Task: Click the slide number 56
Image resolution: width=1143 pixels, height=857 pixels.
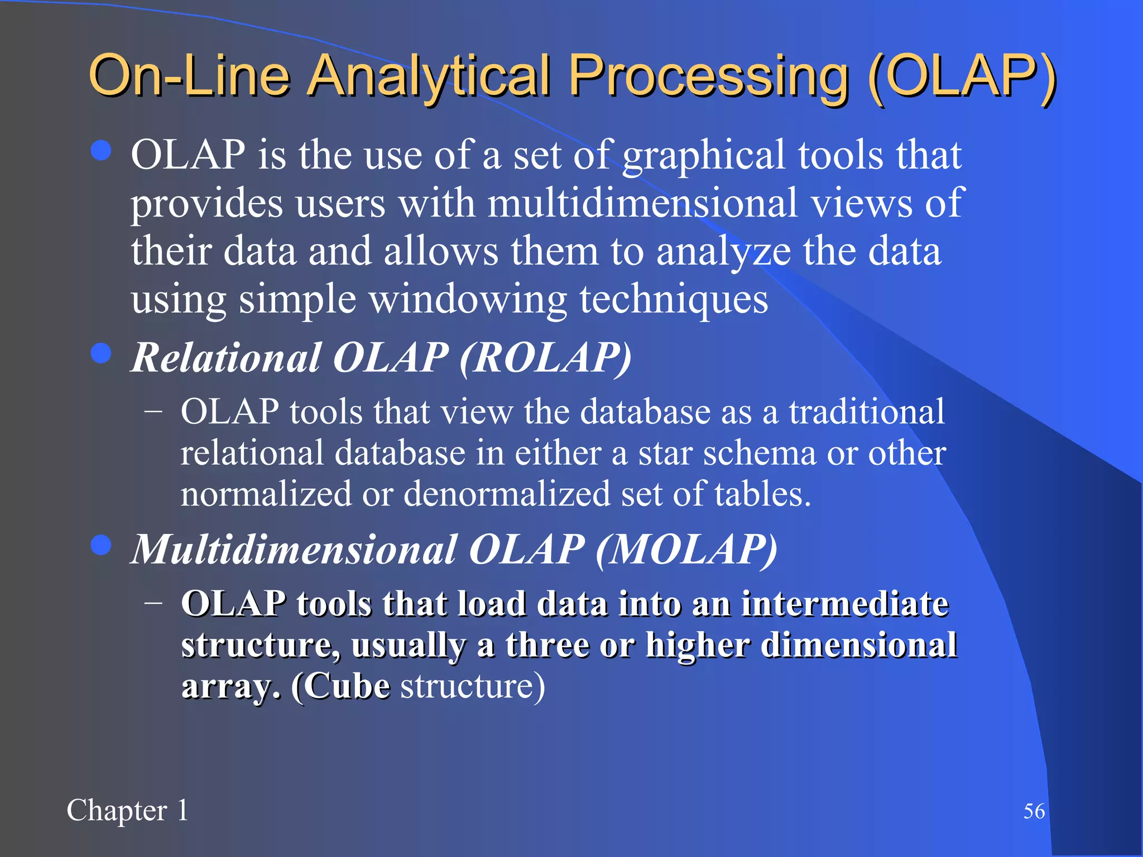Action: pyautogui.click(x=1034, y=811)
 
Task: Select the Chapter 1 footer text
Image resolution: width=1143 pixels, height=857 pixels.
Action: pyautogui.click(x=127, y=810)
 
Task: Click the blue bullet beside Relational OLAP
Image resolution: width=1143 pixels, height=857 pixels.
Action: pyautogui.click(x=101, y=353)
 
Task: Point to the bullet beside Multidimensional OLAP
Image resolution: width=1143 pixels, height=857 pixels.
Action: pyautogui.click(x=101, y=545)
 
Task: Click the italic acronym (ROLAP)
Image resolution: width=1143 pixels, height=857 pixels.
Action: pyautogui.click(x=546, y=358)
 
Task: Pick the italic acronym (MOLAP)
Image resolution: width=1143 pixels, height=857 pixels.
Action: pyautogui.click(x=686, y=550)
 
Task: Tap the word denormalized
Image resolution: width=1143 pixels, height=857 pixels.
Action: pyautogui.click(x=507, y=494)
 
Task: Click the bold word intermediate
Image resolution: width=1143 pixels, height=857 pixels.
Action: pyautogui.click(x=844, y=604)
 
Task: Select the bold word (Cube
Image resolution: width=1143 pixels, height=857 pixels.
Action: pyautogui.click(x=340, y=686)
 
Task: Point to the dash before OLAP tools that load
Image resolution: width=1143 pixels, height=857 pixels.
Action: pyautogui.click(x=153, y=603)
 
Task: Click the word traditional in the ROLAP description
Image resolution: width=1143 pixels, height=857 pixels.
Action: pyautogui.click(x=866, y=412)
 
